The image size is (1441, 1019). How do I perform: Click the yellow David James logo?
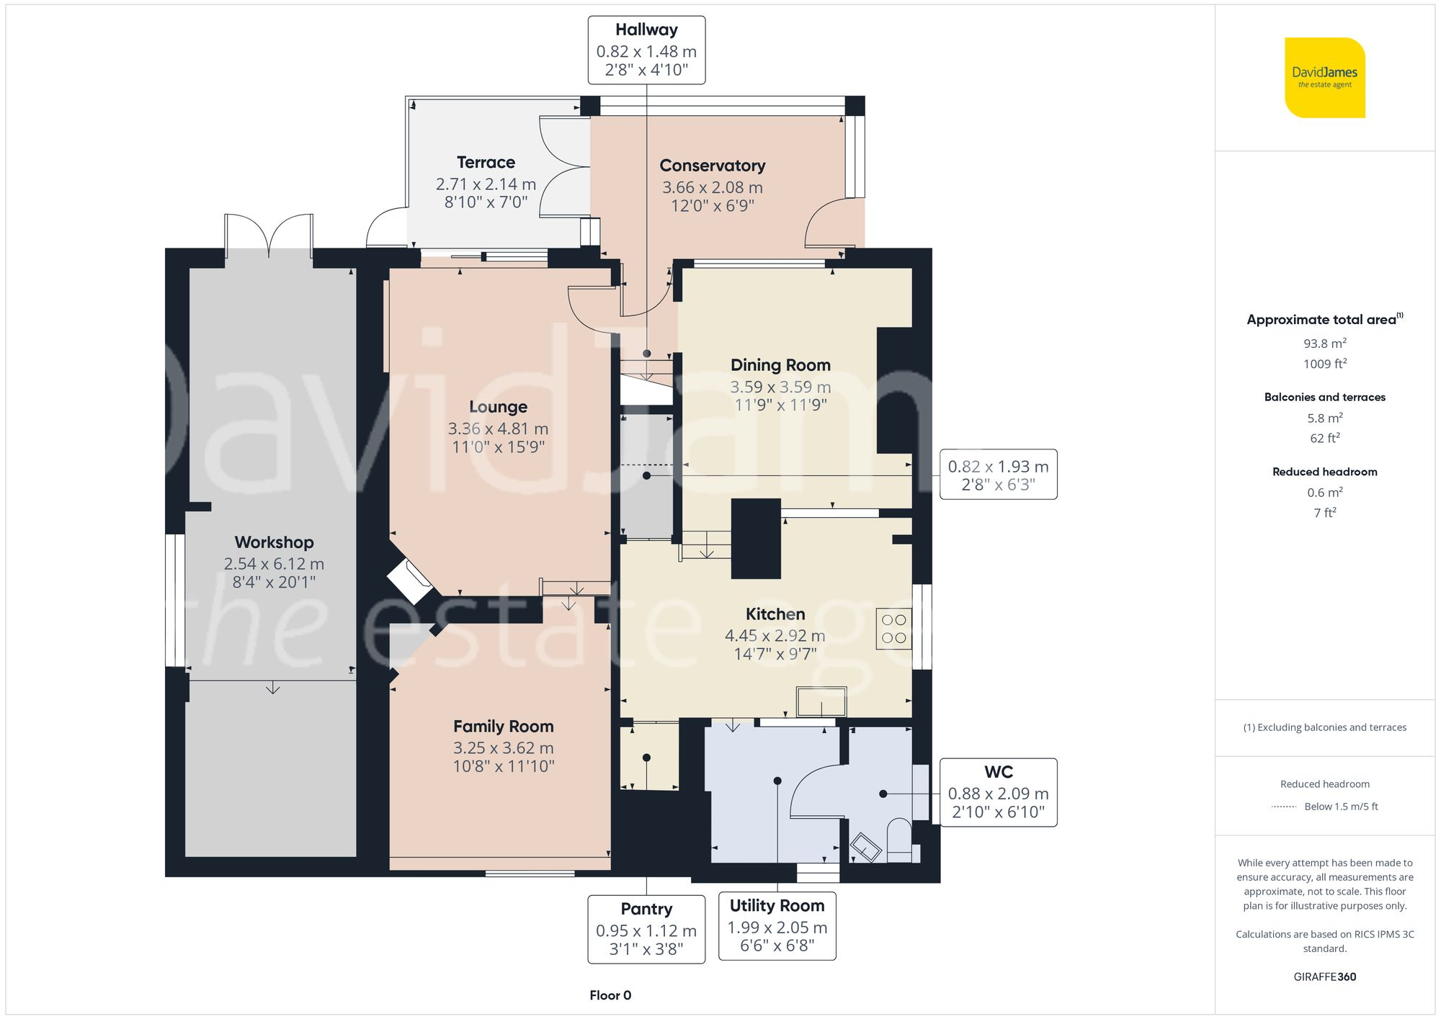1324,78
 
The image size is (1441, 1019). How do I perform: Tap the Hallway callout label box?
646,50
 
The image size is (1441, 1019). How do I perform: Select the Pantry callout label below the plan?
646,929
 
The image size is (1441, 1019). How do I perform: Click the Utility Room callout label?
777,925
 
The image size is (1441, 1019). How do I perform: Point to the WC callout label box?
998,792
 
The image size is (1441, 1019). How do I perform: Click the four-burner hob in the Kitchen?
893,629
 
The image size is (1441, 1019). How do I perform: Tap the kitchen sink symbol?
821,701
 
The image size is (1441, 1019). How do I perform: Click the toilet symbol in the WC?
898,839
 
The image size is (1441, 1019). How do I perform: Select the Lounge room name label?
498,407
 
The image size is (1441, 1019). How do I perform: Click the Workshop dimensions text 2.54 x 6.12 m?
274,564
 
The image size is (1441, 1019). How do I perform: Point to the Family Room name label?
503,727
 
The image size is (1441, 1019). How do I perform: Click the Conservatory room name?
712,166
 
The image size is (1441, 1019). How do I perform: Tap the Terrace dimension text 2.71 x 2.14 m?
486,184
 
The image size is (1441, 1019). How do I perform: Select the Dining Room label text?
780,365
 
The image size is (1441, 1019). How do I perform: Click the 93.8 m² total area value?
1324,344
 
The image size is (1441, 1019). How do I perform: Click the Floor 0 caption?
610,995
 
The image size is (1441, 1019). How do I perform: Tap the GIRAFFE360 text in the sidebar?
1324,977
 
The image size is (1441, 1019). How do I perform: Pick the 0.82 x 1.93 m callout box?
998,475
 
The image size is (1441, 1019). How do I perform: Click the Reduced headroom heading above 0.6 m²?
1324,472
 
